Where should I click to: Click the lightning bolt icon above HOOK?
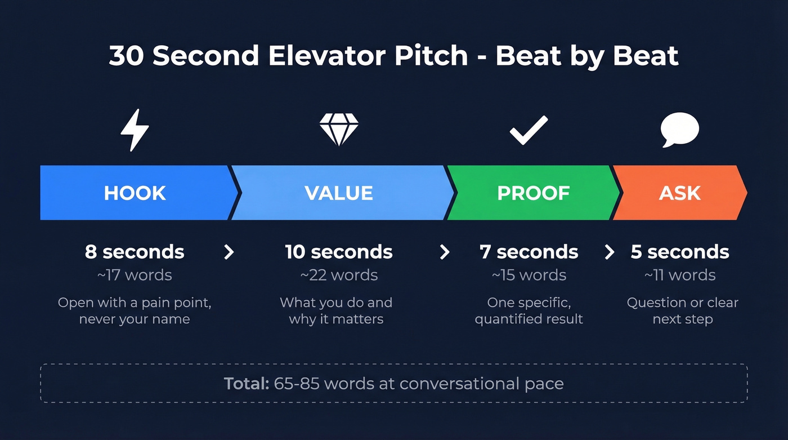click(x=135, y=130)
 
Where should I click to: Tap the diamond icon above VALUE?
click(x=339, y=130)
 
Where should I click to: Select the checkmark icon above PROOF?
click(x=529, y=130)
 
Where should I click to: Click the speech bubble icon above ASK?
click(x=679, y=130)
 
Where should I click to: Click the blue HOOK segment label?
click(x=135, y=193)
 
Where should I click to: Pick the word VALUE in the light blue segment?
click(x=339, y=193)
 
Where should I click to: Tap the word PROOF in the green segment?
click(x=534, y=193)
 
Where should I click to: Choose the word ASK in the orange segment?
click(x=680, y=193)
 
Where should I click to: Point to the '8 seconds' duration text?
click(x=135, y=252)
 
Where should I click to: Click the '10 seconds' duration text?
click(x=339, y=252)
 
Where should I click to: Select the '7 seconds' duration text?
click(x=529, y=252)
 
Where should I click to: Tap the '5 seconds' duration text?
click(x=680, y=252)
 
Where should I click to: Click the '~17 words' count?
click(x=135, y=275)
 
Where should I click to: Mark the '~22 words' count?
click(x=339, y=275)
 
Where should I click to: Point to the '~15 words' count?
click(x=529, y=275)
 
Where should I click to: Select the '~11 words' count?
click(x=680, y=275)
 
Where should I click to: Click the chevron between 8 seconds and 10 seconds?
click(x=229, y=252)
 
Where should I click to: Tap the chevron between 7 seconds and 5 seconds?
click(x=610, y=252)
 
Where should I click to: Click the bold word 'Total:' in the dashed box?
click(x=247, y=384)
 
